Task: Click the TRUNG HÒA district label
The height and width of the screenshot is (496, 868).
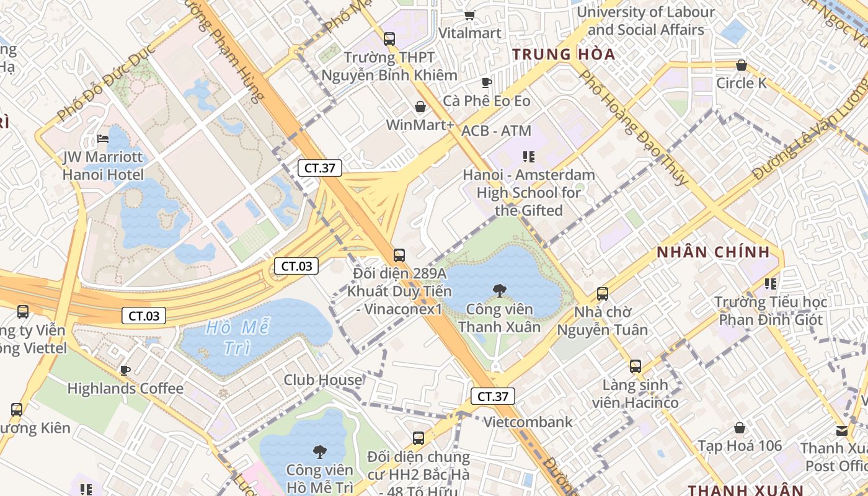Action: [x=564, y=55]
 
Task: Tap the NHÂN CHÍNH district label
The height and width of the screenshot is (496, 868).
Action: [x=713, y=252]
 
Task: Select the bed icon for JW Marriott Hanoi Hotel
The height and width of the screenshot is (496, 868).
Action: [x=104, y=139]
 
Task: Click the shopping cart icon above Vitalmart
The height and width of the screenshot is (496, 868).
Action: [x=469, y=15]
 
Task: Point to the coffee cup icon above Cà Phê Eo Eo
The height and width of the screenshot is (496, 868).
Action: [x=487, y=82]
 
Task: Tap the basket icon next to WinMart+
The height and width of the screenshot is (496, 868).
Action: [x=420, y=107]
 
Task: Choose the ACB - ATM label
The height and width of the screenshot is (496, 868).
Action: [x=496, y=131]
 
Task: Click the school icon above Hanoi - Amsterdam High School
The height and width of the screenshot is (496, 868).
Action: [x=528, y=157]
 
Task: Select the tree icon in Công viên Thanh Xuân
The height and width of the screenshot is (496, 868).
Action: [x=499, y=291]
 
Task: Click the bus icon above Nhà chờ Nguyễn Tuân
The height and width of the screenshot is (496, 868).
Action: [x=602, y=294]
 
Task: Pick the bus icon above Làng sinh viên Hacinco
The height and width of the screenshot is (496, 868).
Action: [x=635, y=366]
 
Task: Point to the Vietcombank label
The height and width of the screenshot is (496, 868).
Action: [x=528, y=422]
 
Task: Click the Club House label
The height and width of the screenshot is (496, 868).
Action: [x=322, y=380]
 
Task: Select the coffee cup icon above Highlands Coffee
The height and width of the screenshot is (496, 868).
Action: [x=125, y=371]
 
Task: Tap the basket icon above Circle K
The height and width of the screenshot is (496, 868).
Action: [x=741, y=65]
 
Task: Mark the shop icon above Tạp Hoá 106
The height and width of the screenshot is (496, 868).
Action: [x=739, y=428]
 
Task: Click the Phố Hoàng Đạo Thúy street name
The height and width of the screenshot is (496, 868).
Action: [x=632, y=127]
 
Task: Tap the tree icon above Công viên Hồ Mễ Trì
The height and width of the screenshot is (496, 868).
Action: [x=320, y=451]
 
